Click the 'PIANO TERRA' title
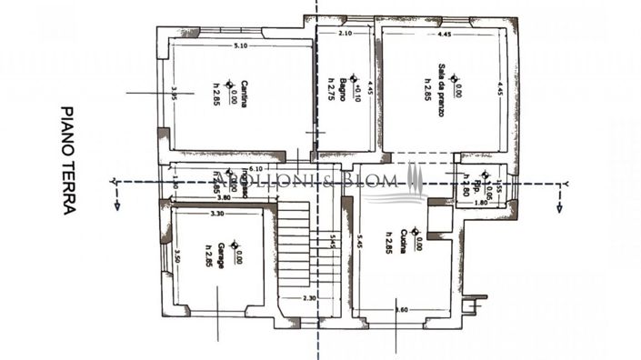pos(68,159)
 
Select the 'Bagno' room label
pos(343,90)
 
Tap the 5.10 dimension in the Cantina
pos(240,45)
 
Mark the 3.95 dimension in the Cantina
pos(174,95)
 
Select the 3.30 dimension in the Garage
pos(216,214)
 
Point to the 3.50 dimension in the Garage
pos(176,257)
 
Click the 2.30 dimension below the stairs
pos(309,298)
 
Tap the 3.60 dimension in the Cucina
pos(401,310)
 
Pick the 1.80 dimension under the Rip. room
pos(482,203)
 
